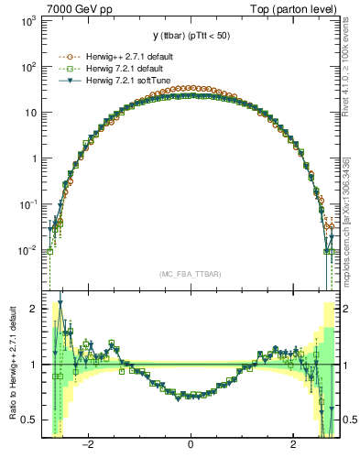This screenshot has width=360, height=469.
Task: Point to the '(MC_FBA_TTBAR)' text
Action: (191, 274)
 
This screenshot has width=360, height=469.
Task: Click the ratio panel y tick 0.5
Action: (29, 420)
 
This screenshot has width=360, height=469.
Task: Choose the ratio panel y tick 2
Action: (33, 309)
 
